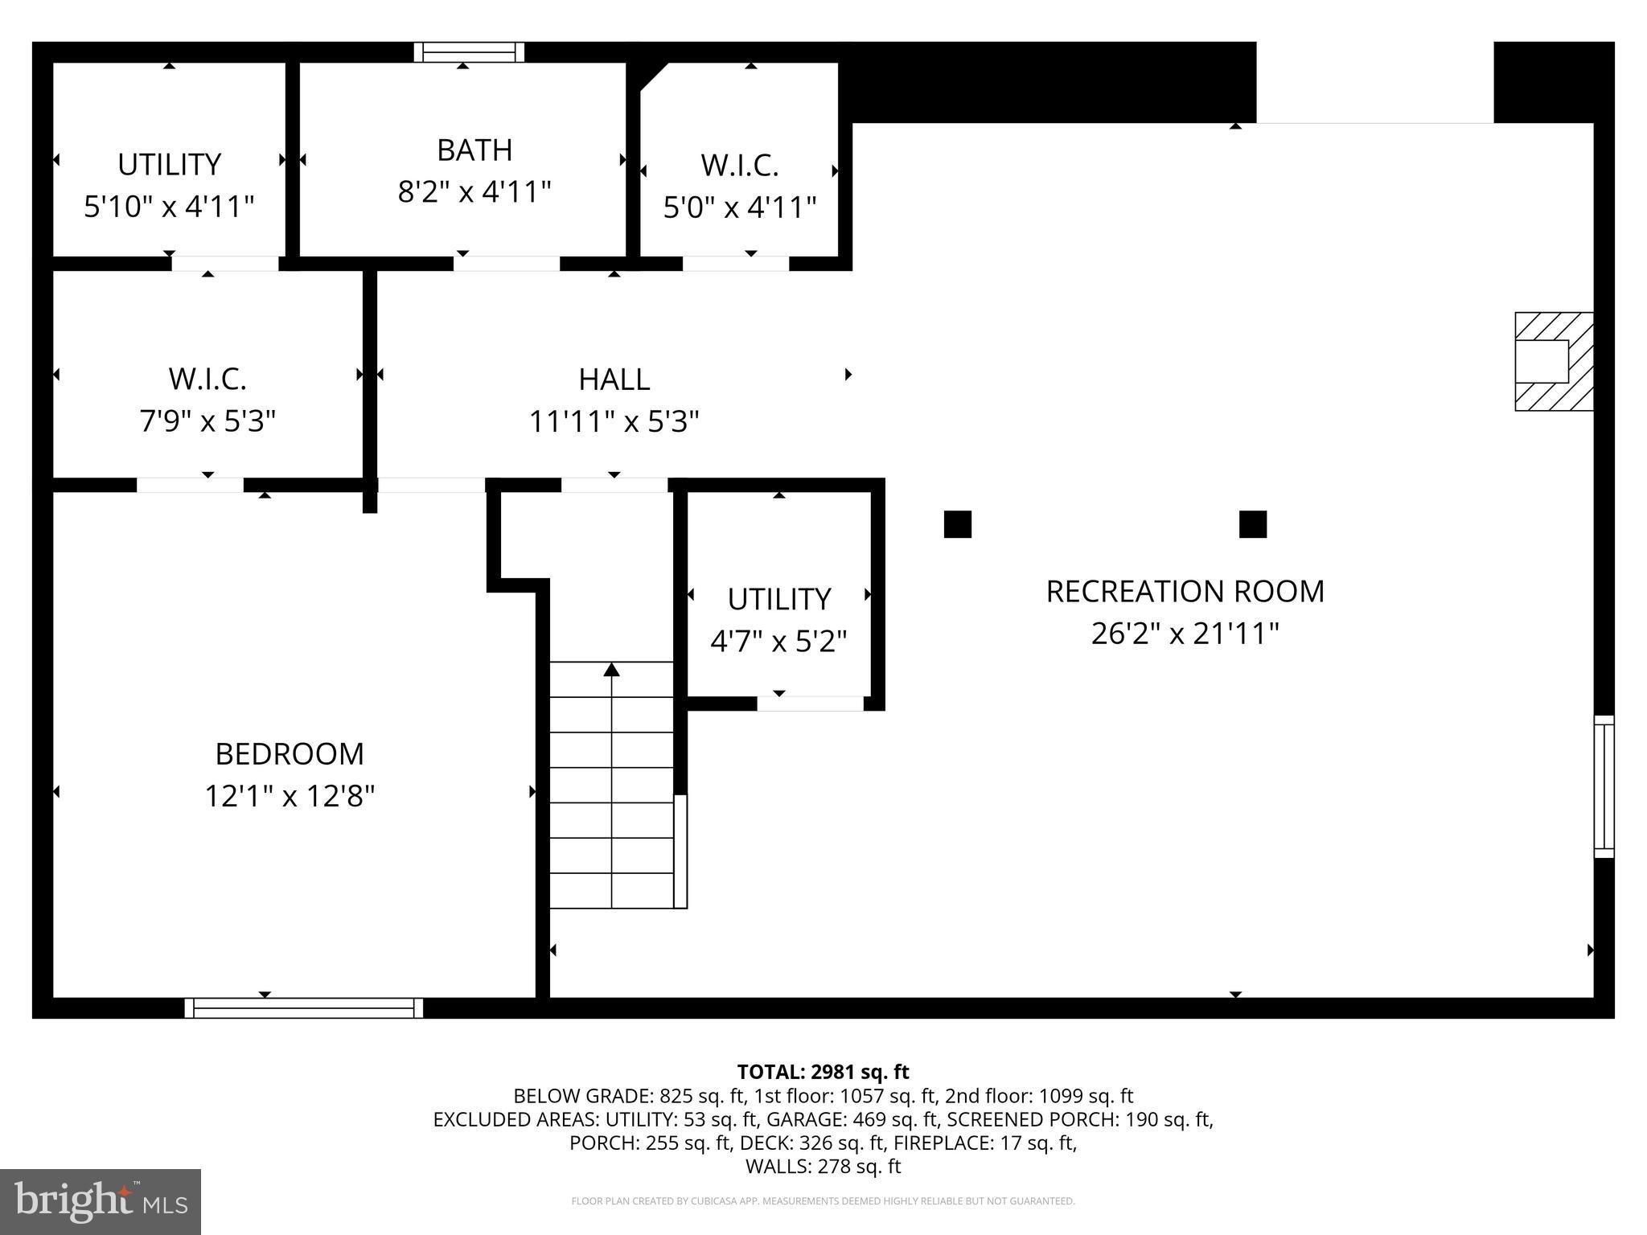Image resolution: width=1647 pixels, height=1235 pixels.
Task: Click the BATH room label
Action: (474, 150)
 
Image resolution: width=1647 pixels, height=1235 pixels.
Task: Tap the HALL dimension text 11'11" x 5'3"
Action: (614, 421)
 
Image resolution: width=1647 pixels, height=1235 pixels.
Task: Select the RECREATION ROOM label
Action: (1185, 592)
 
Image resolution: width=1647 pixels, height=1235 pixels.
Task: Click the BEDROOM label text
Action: (290, 754)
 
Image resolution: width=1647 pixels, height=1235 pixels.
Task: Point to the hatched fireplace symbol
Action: (1553, 362)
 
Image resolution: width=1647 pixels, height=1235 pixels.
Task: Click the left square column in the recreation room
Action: (957, 524)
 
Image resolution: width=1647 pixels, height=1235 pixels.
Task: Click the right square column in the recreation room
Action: (1252, 524)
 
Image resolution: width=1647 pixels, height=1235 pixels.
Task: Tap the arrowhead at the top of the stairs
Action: (612, 670)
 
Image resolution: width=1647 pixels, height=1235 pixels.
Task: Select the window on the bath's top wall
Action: (469, 52)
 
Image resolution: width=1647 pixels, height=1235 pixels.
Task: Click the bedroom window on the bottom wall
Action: (304, 1007)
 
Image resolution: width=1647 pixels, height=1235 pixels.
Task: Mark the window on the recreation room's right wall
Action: (1604, 786)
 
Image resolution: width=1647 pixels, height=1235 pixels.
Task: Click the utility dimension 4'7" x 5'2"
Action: (778, 642)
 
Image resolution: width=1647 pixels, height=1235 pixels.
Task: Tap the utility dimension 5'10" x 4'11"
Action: (169, 207)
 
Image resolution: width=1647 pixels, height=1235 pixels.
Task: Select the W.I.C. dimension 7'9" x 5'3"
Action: (207, 421)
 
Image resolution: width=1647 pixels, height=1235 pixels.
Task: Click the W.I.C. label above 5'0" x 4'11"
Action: (739, 166)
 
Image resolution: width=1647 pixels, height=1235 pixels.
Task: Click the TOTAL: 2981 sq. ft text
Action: (823, 1072)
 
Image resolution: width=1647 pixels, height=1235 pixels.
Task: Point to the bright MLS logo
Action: (101, 1201)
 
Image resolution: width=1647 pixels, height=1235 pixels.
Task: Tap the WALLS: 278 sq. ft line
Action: (823, 1166)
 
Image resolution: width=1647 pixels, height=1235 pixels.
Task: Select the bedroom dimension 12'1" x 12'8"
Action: (290, 797)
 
